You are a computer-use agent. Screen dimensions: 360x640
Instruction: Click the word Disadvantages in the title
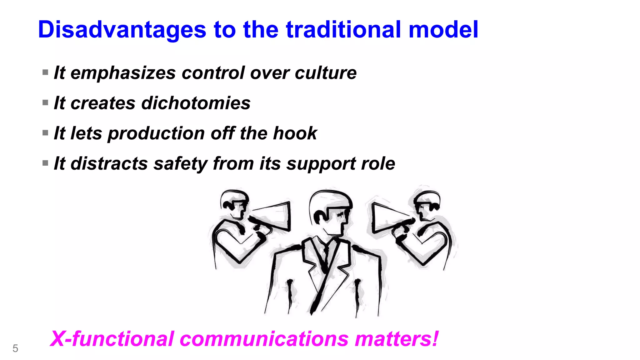(122, 30)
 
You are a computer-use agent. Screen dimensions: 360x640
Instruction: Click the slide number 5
(15, 348)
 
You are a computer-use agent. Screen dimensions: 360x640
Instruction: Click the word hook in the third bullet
(295, 133)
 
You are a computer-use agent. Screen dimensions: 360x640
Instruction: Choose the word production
(156, 134)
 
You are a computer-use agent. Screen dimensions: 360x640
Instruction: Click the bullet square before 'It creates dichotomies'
(45, 102)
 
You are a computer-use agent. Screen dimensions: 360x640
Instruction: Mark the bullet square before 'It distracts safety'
(45, 163)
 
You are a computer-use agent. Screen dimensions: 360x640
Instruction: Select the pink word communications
(264, 339)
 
